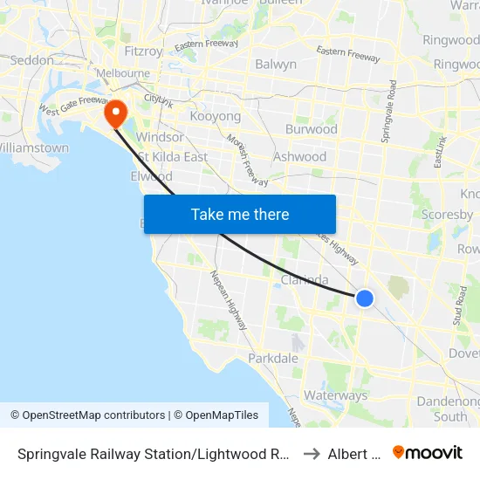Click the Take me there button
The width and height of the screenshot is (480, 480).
240,214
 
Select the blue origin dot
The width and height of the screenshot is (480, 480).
365,298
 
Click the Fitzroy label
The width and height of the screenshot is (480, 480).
144,51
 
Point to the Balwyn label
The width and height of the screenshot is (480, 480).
276,64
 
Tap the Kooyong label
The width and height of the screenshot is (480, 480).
215,116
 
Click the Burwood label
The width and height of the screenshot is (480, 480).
312,129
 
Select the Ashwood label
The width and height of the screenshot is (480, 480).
300,157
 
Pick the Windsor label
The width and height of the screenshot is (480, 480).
160,137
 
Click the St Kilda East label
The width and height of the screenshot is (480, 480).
173,157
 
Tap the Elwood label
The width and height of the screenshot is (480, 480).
151,176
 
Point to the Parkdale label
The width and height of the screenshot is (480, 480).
273,359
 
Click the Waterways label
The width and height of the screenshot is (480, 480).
336,395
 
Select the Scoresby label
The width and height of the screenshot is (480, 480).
446,214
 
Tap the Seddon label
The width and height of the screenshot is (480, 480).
31,60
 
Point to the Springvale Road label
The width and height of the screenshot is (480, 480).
389,113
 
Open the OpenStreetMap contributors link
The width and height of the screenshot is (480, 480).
88,415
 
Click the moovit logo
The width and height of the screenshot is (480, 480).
428,452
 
